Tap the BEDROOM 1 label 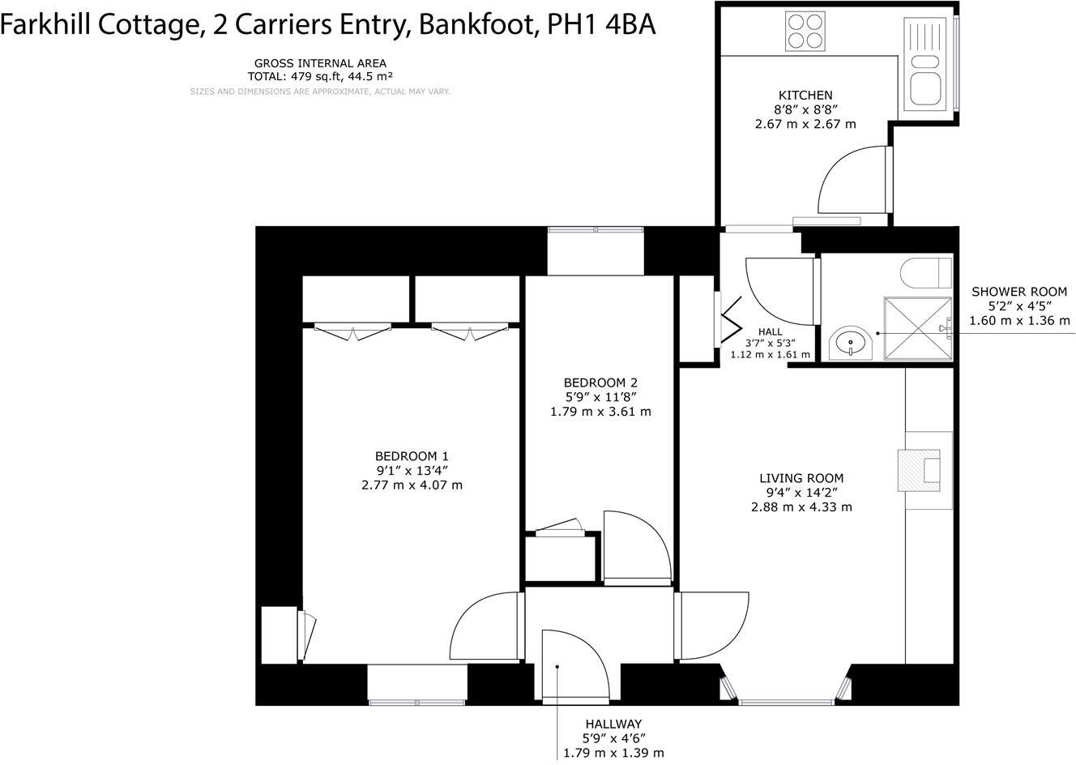(x=412, y=455)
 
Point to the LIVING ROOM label (x=801, y=478)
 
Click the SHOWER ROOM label (x=1019, y=292)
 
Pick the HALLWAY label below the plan (x=613, y=724)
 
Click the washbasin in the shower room (x=851, y=343)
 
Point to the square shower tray (x=918, y=327)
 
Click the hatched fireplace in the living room (x=920, y=471)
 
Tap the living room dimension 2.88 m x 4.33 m (x=801, y=507)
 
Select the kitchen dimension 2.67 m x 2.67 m (x=805, y=124)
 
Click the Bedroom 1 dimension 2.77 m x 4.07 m (x=412, y=485)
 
